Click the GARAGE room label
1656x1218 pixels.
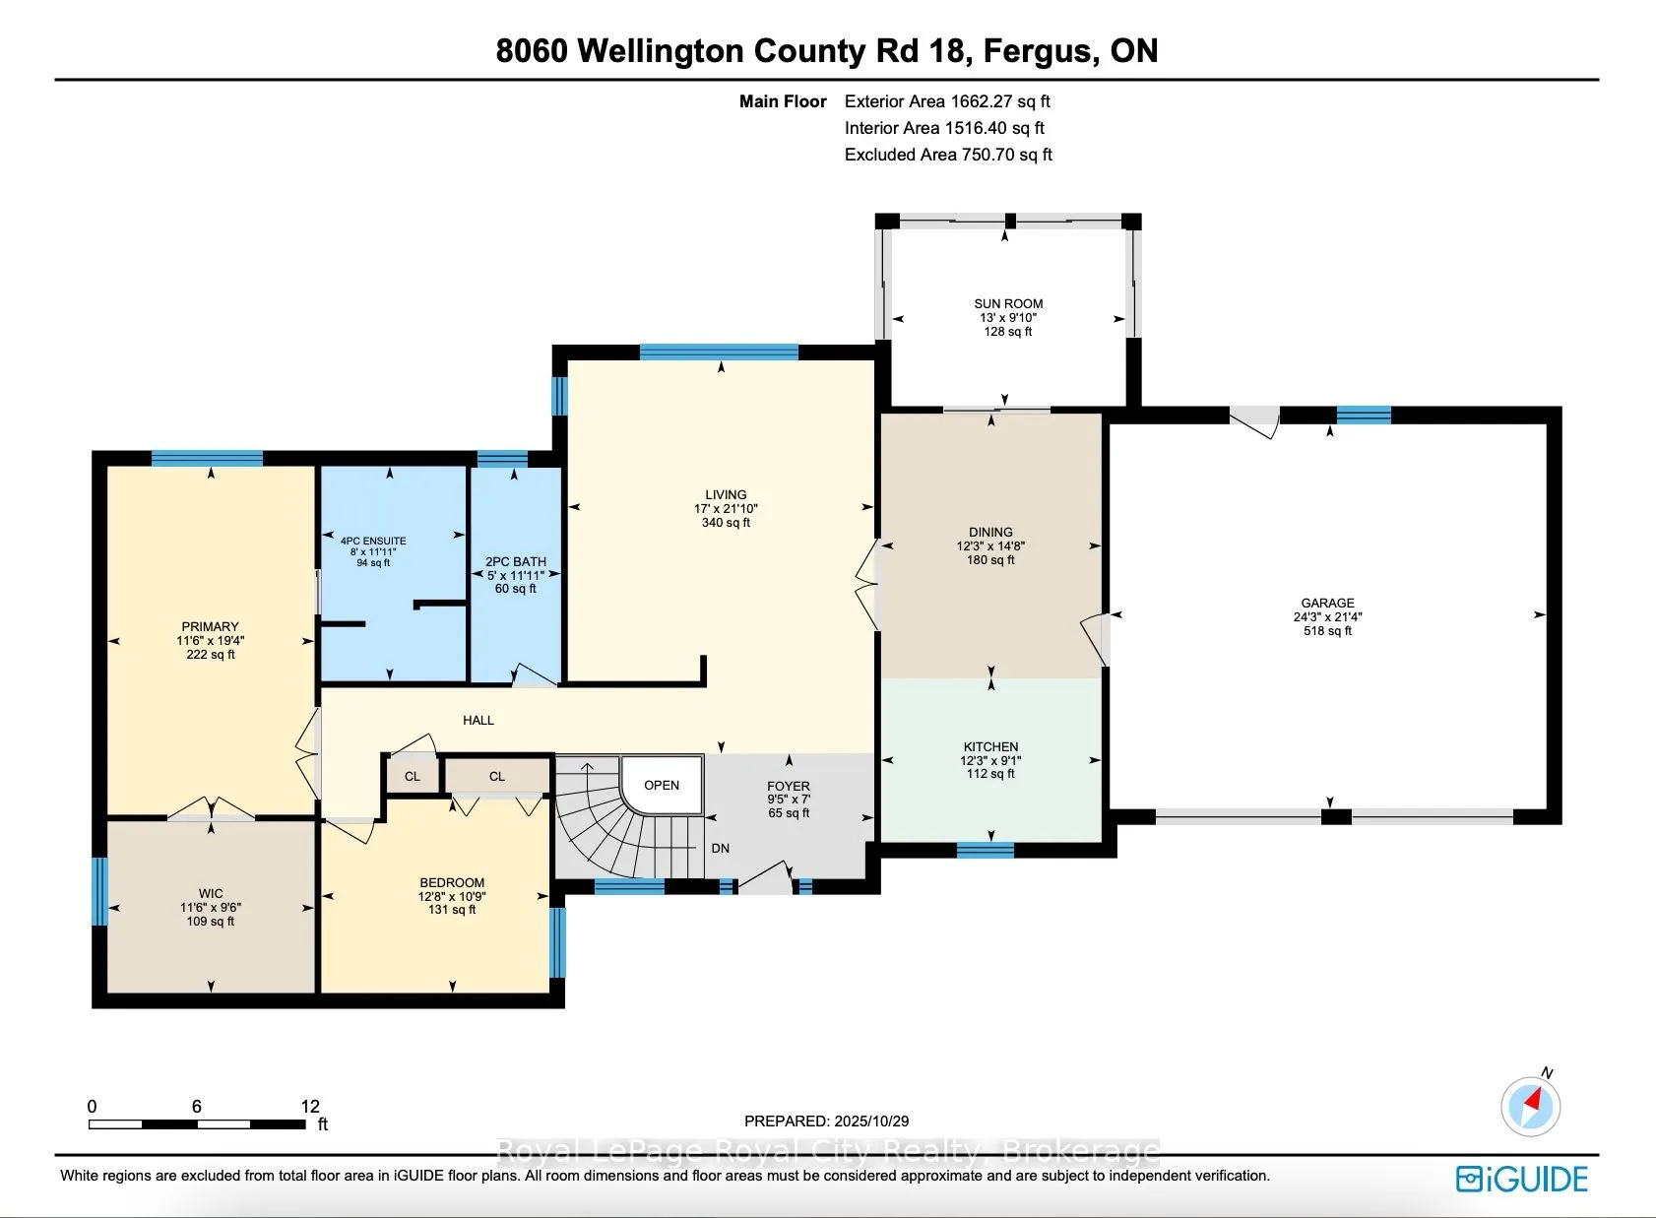point(1327,603)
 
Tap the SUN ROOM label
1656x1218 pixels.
point(1008,304)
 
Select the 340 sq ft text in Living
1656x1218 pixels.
point(726,523)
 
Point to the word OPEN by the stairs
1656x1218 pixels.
point(662,785)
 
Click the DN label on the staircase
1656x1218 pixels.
point(721,848)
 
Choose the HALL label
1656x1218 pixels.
point(478,720)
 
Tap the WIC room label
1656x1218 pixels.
point(211,893)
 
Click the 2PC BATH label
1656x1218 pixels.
point(516,561)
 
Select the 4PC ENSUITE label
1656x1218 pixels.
point(373,541)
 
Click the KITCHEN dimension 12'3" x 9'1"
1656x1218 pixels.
point(990,760)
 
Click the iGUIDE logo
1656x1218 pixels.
point(1522,1179)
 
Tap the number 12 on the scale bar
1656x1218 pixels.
point(310,1106)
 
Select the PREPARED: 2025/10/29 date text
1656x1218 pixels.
point(826,1121)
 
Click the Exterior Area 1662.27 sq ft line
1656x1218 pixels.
point(947,101)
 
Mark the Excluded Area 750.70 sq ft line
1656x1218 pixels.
point(948,155)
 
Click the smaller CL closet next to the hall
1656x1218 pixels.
point(413,776)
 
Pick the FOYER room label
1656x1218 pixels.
point(789,787)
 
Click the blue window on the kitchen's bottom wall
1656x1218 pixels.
point(986,850)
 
